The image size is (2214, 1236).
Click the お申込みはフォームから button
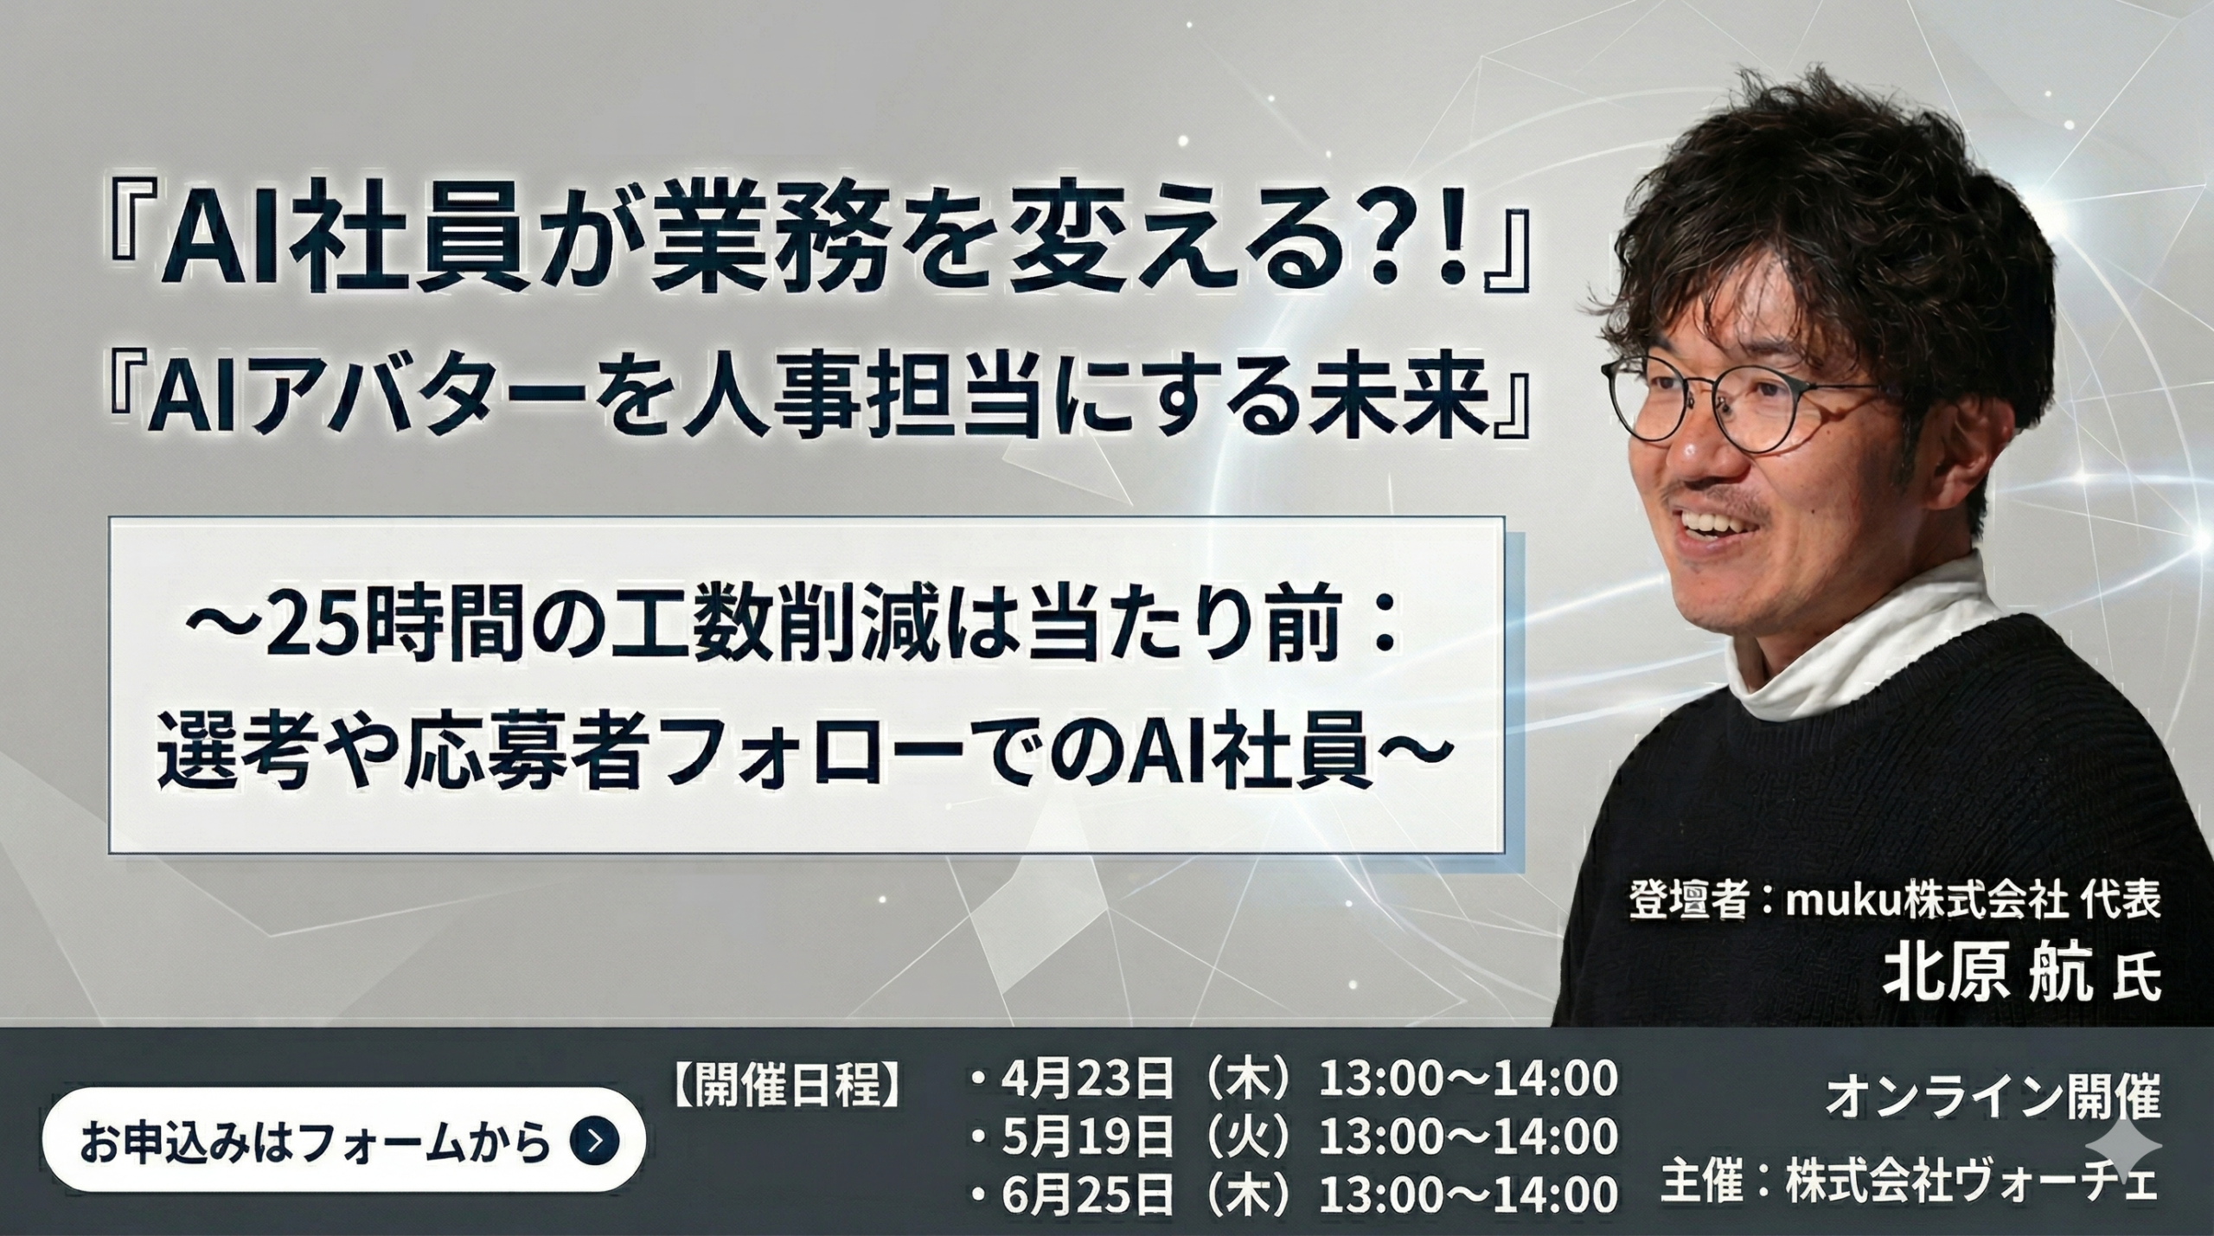pyautogui.click(x=343, y=1142)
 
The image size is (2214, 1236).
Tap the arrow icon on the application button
pyautogui.click(x=595, y=1142)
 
